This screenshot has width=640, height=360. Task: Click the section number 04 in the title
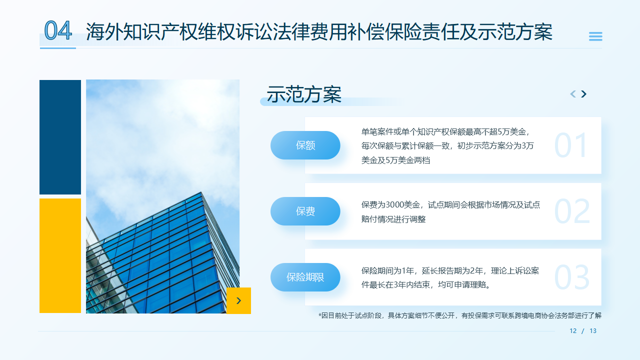[x=58, y=30]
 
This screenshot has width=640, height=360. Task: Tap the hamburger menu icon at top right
[x=595, y=36]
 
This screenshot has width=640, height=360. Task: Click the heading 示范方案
[x=304, y=94]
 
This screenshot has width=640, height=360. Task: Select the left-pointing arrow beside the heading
[x=573, y=94]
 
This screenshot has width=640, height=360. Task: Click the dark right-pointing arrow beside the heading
[x=583, y=94]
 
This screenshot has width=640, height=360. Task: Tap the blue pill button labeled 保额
[x=305, y=145]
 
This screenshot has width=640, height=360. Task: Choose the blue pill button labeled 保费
[x=305, y=211]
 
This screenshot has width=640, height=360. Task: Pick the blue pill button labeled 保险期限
[x=305, y=277]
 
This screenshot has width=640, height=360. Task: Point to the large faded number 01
[x=571, y=146]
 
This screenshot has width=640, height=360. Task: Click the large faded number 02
[x=572, y=212]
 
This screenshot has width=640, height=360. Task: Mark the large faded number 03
[x=572, y=278]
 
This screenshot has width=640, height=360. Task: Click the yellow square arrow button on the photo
[x=238, y=300]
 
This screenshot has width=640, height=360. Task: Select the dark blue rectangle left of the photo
[x=60, y=137]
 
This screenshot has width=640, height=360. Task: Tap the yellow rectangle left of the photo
[x=60, y=255]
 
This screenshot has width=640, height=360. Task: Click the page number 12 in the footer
[x=573, y=331]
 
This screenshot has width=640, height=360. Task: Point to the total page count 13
[x=593, y=331]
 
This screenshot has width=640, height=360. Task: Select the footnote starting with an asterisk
[x=460, y=315]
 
